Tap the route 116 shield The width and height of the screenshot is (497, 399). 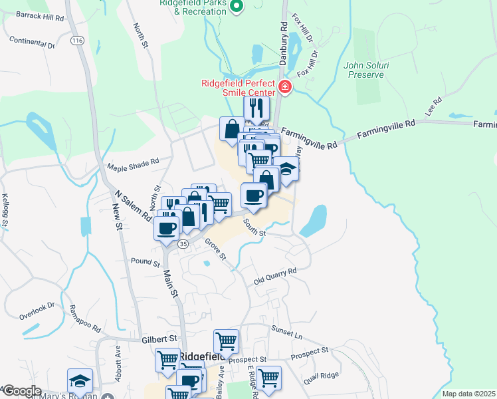tap(78, 41)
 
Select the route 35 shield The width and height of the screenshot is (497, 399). tap(184, 244)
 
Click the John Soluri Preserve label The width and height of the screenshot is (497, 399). tap(364, 70)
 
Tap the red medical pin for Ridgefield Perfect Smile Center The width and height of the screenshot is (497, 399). tap(284, 86)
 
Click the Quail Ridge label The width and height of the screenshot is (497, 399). tap(322, 378)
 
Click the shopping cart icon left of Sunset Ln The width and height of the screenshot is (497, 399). tap(226, 341)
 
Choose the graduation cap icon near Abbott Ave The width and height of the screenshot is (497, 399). tap(80, 380)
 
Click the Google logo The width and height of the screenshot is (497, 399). tap(21, 391)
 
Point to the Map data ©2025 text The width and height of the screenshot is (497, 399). tap(468, 394)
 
